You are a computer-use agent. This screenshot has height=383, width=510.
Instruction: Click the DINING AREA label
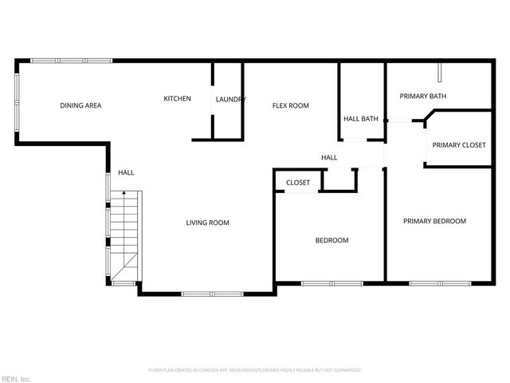(x=80, y=105)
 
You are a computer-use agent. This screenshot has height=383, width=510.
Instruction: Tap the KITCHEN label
(x=177, y=98)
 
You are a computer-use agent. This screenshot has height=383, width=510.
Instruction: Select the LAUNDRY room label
(x=230, y=99)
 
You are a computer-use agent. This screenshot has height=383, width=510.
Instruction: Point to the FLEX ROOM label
(x=290, y=105)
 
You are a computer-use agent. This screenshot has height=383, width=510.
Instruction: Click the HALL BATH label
(x=360, y=119)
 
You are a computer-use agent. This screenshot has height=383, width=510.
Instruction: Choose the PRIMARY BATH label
(x=422, y=97)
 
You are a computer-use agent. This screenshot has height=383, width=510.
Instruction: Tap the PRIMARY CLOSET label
(x=458, y=145)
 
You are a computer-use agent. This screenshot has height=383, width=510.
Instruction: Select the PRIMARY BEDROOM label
(x=434, y=221)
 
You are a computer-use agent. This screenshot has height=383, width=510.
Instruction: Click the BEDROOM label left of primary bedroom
(x=331, y=240)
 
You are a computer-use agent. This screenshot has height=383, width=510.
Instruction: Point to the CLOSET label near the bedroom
(x=297, y=183)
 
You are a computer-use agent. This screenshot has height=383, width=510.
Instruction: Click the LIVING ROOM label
(x=208, y=223)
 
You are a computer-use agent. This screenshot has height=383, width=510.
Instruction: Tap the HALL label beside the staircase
(x=126, y=172)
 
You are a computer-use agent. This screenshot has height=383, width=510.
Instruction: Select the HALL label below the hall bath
(x=329, y=158)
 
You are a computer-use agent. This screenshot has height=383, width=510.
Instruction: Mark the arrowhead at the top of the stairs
(x=124, y=193)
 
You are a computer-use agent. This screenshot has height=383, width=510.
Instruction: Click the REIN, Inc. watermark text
(x=16, y=378)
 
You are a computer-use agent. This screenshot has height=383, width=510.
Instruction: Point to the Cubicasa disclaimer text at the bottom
(x=255, y=370)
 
